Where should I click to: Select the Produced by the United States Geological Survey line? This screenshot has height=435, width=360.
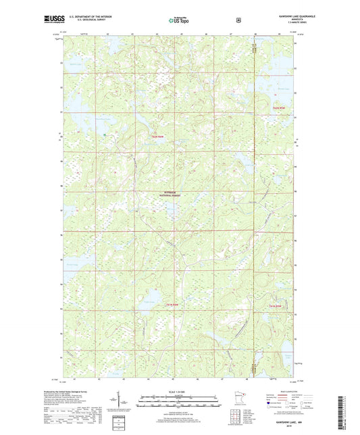coord(79,391)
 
